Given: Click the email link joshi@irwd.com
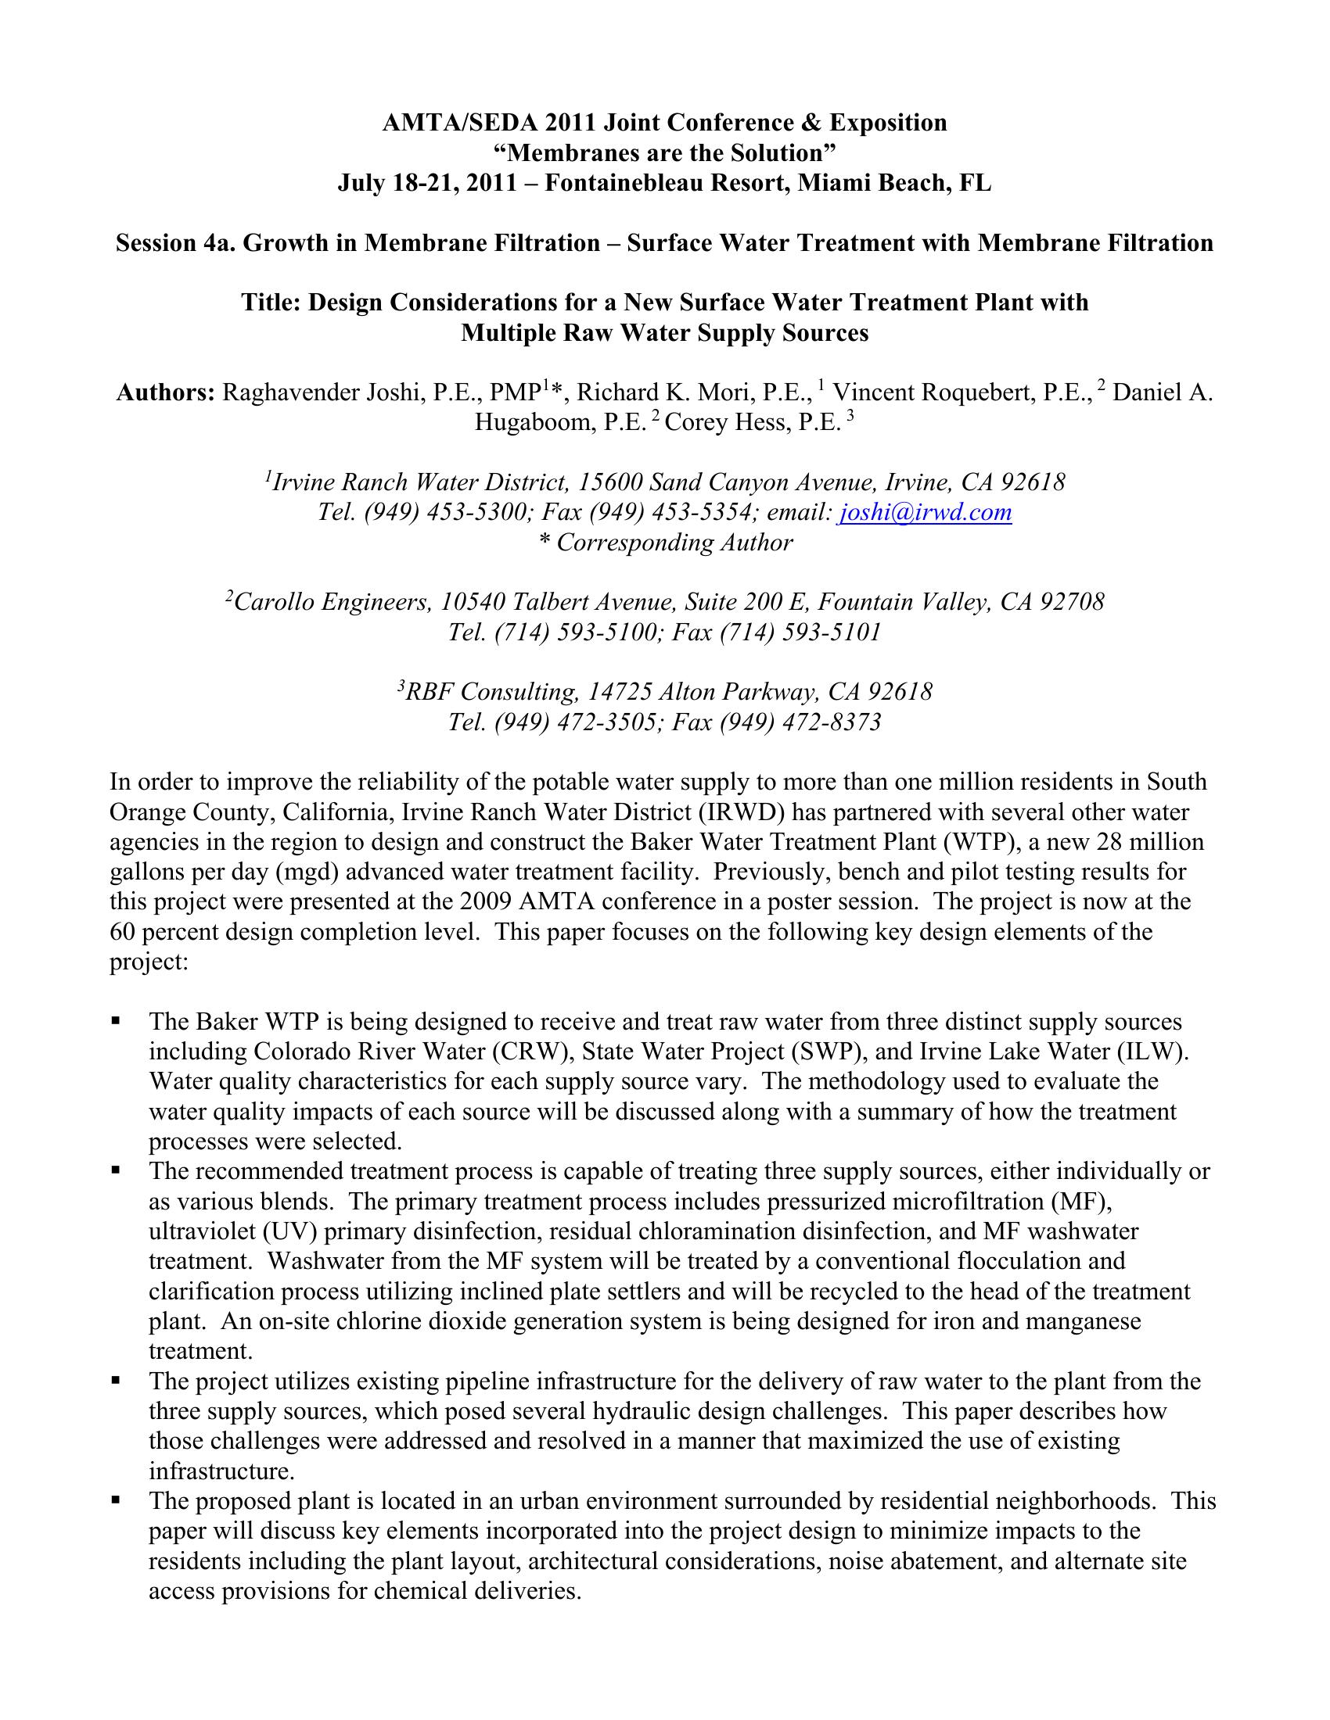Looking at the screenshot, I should [x=926, y=513].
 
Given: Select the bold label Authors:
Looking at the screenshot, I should [x=165, y=392].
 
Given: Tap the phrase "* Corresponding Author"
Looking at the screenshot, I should [x=664, y=543].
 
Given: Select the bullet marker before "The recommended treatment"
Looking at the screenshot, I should [x=116, y=1171].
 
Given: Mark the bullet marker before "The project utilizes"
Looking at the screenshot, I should [x=116, y=1381].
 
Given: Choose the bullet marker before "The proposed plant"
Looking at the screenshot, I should [x=116, y=1500].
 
